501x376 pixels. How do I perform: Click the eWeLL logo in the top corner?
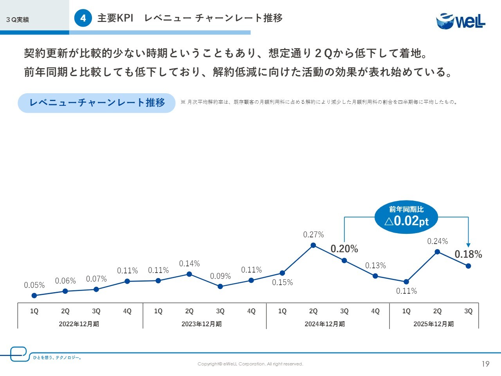[x=461, y=21]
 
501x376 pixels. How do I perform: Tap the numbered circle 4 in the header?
[x=83, y=18]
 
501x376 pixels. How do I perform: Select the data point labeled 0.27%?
[x=313, y=245]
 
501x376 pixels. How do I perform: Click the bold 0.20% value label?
[x=344, y=249]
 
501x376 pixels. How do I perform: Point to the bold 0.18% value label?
[x=468, y=254]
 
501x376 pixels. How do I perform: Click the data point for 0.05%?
[x=34, y=296]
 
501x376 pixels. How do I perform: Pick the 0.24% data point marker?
[x=437, y=252]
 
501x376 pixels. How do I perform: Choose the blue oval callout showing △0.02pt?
[x=406, y=217]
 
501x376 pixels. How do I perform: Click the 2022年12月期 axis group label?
[x=79, y=324]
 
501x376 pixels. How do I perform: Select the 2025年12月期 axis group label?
[x=434, y=324]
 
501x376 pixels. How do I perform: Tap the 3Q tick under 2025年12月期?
[x=468, y=311]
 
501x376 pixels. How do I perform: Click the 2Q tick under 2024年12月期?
[x=313, y=311]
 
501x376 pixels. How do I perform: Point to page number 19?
[x=485, y=364]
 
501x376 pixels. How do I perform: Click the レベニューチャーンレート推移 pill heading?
[x=97, y=103]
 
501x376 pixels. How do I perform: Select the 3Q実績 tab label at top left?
[x=18, y=20]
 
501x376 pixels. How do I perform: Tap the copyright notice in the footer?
[x=250, y=364]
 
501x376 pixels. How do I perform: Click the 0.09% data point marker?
[x=220, y=286]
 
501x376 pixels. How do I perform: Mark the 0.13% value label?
[x=375, y=266]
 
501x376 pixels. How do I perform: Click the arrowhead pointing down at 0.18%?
[x=468, y=245]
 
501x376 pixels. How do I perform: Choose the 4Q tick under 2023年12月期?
[x=251, y=311]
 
